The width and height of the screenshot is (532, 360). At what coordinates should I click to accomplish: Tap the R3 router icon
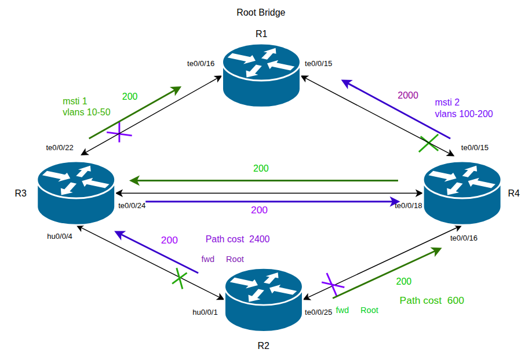pos(75,191)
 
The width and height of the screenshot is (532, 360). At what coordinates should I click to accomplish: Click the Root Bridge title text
pos(261,12)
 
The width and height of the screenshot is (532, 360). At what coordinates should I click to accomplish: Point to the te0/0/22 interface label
pos(60,148)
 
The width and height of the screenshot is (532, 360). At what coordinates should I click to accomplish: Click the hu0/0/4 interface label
pos(60,236)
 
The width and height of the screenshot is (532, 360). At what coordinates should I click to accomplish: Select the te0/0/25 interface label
pos(319,312)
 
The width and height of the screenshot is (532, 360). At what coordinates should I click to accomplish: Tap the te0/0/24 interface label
pos(132,205)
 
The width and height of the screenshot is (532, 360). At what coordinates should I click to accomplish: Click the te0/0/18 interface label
pos(409,205)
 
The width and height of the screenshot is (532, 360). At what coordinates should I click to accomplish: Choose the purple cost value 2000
pos(407,96)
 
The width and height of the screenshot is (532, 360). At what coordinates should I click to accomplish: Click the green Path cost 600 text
pos(432,300)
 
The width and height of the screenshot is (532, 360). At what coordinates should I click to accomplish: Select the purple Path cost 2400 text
pos(238,239)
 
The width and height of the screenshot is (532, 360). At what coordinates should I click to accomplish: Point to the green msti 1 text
pos(75,101)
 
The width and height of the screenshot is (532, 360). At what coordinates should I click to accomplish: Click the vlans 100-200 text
pos(464,114)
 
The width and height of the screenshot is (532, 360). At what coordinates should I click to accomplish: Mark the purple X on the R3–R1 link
pos(119,134)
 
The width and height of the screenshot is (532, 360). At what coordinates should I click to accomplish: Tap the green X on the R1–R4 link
pos(429,144)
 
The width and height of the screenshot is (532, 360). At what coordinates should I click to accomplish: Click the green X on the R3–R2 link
pos(180,278)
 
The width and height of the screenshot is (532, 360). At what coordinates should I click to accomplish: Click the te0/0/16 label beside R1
pos(201,63)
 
